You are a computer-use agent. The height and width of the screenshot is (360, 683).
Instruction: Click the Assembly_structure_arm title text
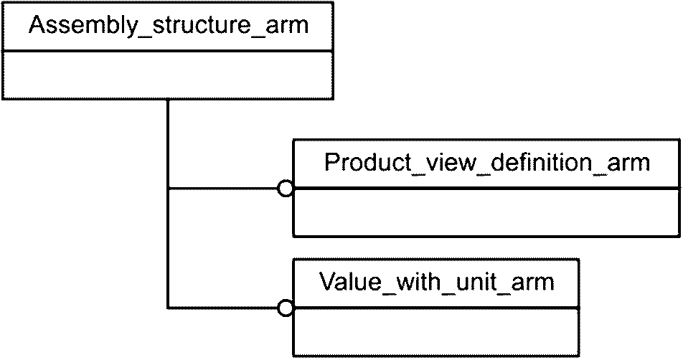point(168,26)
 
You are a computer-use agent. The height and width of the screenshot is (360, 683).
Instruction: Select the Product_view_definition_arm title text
point(487,164)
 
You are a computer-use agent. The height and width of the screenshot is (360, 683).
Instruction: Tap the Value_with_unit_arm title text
point(436,282)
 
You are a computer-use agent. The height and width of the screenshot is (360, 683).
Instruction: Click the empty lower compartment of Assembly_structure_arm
point(168,75)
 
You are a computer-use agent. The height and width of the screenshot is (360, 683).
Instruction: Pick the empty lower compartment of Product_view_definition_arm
point(486,212)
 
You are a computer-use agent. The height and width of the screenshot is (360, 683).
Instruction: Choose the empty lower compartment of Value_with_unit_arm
point(436,332)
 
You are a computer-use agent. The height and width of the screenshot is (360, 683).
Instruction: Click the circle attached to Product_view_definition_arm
point(286,189)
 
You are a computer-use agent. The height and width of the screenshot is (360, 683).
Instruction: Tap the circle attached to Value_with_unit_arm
point(286,308)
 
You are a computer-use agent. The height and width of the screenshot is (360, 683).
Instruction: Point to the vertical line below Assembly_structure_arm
point(168,204)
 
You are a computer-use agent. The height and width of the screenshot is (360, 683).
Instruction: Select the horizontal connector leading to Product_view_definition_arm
point(223,189)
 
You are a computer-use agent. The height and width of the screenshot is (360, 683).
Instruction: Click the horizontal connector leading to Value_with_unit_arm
point(223,308)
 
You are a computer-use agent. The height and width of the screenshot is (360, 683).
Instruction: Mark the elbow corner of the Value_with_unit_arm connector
point(168,308)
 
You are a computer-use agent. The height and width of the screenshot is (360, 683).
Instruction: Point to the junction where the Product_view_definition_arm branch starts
point(168,189)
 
